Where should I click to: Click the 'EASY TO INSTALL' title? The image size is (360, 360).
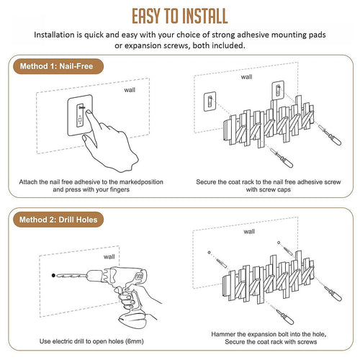click(180, 16)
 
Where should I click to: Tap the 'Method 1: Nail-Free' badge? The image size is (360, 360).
click(58, 66)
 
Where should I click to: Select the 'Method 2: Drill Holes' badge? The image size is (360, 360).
click(58, 220)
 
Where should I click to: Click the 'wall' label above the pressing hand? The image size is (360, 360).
click(130, 90)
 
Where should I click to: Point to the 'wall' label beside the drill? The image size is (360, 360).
click(109, 257)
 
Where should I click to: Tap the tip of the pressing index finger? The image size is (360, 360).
click(88, 112)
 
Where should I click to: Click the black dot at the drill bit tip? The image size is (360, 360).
click(53, 275)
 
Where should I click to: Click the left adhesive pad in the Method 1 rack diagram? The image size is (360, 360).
click(210, 102)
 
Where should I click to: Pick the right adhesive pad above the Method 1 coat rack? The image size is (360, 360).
click(278, 90)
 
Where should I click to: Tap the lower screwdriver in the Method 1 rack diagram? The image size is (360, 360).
click(282, 158)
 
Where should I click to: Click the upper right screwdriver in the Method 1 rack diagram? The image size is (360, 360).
click(330, 135)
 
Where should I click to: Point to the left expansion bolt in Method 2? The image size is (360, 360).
click(222, 264)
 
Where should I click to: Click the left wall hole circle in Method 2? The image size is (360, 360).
click(209, 253)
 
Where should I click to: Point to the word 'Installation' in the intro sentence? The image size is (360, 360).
click(54, 35)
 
